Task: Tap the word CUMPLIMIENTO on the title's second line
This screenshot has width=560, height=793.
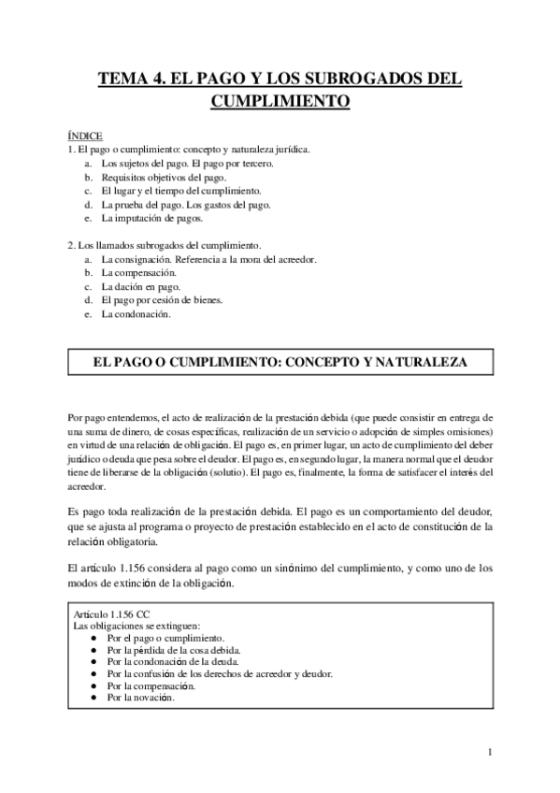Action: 280,100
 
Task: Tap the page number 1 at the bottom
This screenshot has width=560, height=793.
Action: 490,751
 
